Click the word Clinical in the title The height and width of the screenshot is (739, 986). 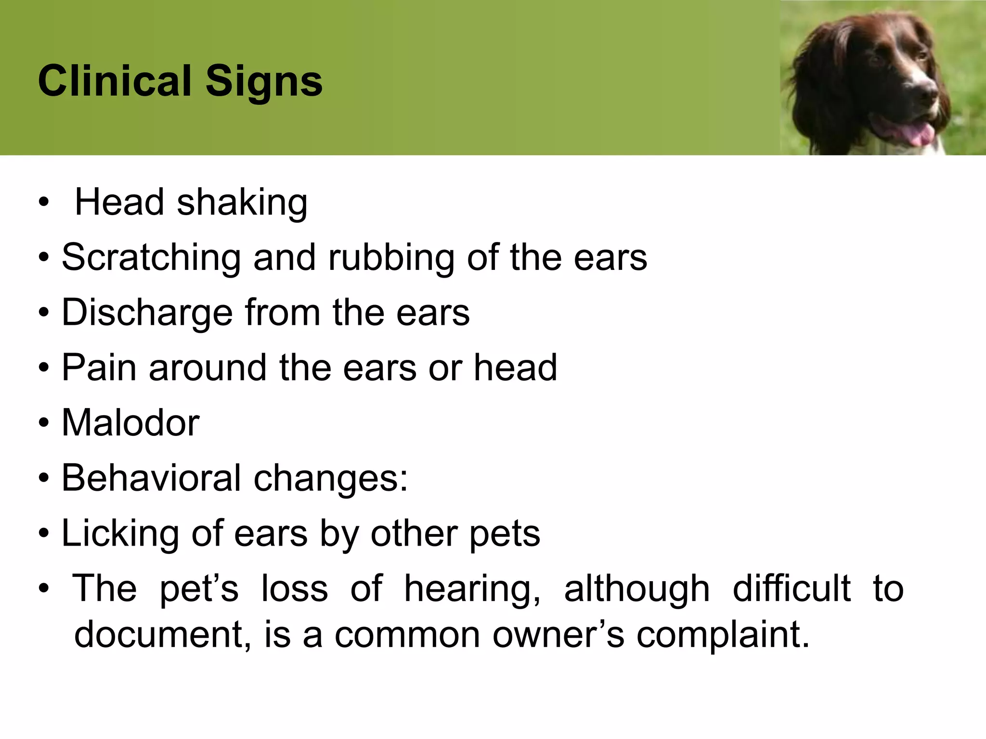115,80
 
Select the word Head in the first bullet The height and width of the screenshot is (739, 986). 119,202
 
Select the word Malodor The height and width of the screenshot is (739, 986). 130,423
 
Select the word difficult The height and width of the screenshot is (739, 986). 791,588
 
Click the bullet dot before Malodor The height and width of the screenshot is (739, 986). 44,423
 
